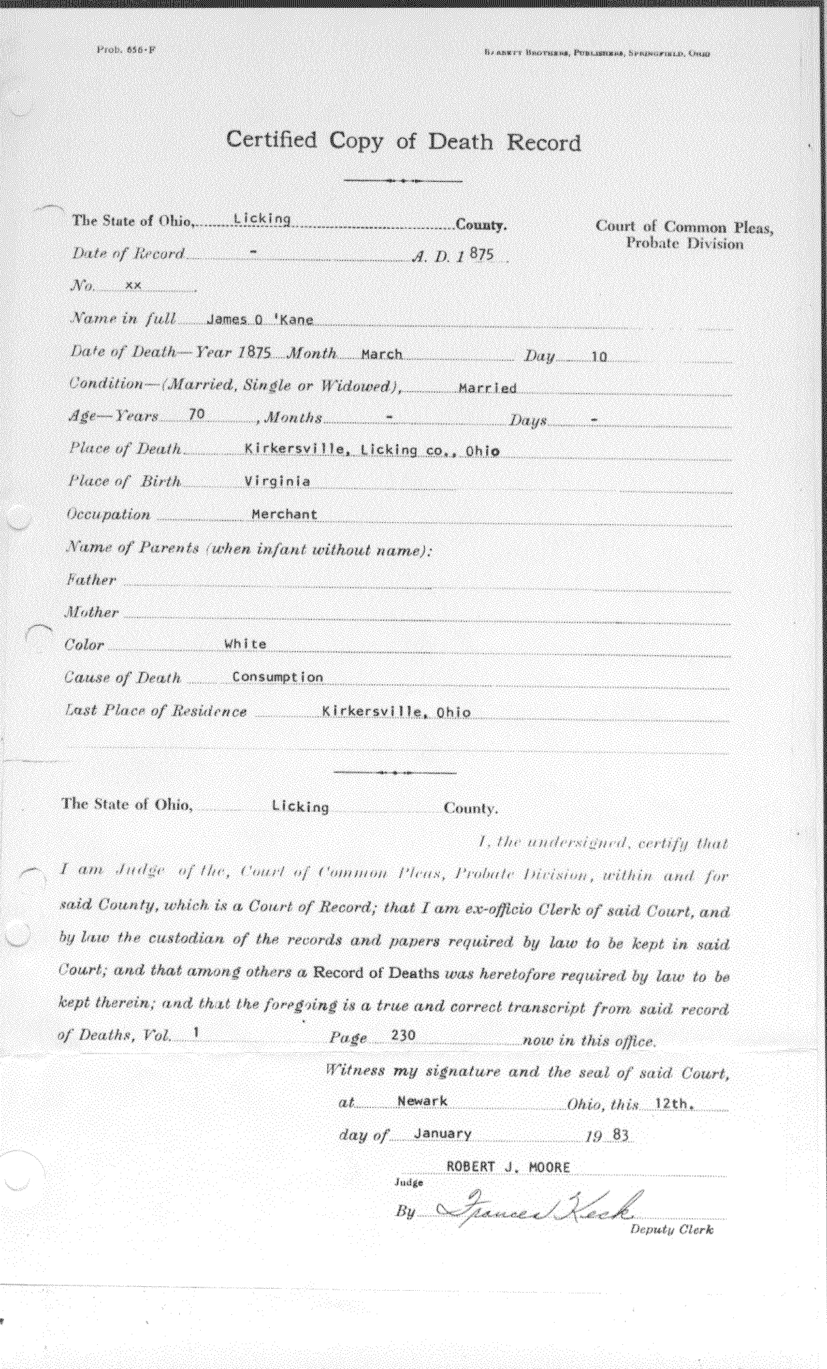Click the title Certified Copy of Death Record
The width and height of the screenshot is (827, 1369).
(403, 141)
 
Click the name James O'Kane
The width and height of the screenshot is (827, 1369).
(259, 320)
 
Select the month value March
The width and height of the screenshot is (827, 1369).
(381, 355)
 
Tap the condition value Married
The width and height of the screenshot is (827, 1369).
(487, 389)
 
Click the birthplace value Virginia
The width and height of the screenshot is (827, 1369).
(276, 482)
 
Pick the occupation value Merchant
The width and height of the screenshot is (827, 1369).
(284, 514)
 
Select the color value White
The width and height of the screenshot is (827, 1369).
(245, 644)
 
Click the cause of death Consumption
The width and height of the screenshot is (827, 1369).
(277, 677)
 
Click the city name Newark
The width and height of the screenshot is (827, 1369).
(422, 1101)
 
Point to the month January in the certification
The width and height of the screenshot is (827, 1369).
(442, 1134)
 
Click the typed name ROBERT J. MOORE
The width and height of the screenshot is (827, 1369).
(508, 1168)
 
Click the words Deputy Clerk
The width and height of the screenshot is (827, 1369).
(671, 1230)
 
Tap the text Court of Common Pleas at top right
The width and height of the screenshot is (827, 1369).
(684, 227)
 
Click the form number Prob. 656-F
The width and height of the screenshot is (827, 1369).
(125, 50)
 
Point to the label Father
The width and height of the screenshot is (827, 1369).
(91, 580)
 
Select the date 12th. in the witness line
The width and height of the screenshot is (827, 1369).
(676, 1102)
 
